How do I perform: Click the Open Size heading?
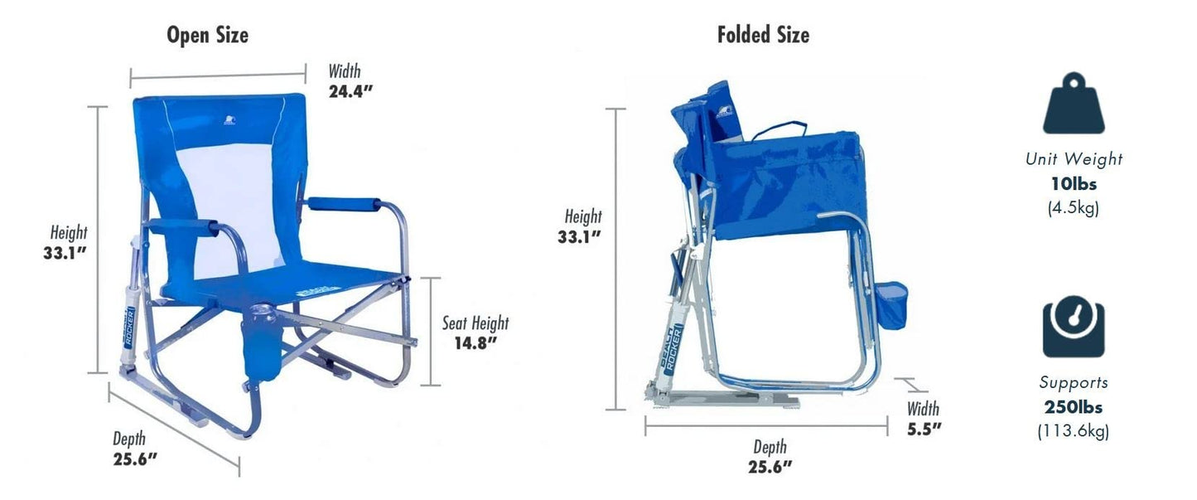[207, 36]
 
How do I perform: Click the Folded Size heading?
[763, 36]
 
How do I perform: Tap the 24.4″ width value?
[350, 91]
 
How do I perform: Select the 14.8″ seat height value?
[475, 343]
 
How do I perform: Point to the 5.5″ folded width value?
[924, 430]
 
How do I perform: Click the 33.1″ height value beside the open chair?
[65, 253]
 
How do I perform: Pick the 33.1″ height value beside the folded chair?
[579, 237]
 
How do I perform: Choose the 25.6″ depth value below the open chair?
[135, 459]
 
